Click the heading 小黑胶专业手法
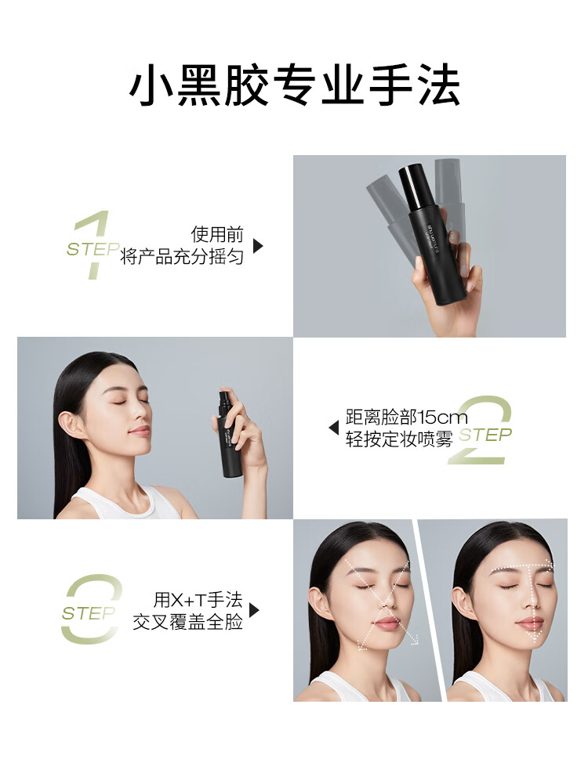click(295, 85)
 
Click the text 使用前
click(216, 234)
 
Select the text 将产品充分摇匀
click(181, 256)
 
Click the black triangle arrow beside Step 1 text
click(258, 246)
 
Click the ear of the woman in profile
click(70, 424)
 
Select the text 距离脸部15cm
click(407, 417)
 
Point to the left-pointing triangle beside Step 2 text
click(334, 428)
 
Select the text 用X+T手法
click(198, 599)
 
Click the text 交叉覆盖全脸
click(188, 622)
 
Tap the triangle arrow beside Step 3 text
click(254, 610)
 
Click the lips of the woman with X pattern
click(387, 623)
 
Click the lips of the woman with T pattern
click(530, 623)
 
